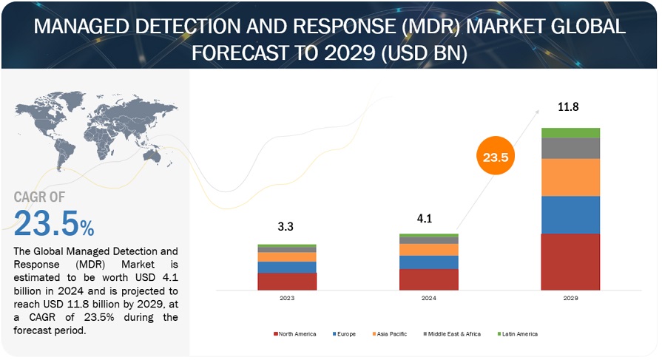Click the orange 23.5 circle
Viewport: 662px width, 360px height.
coord(496,157)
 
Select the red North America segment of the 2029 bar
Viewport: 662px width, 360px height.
coord(570,262)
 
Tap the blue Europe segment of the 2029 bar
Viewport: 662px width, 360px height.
coord(570,214)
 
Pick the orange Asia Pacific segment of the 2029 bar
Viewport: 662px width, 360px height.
coord(570,177)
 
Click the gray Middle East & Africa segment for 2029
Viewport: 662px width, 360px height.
coord(570,149)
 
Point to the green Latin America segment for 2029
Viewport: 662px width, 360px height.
coord(570,133)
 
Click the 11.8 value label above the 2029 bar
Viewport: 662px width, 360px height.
coord(569,107)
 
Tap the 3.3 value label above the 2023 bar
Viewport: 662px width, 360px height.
coord(286,227)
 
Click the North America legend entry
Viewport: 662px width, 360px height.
coord(297,334)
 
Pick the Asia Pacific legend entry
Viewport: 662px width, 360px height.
coord(392,334)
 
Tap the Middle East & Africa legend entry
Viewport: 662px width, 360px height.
coord(452,334)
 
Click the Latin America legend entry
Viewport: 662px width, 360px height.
coord(519,334)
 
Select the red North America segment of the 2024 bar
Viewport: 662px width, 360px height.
coord(429,279)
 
